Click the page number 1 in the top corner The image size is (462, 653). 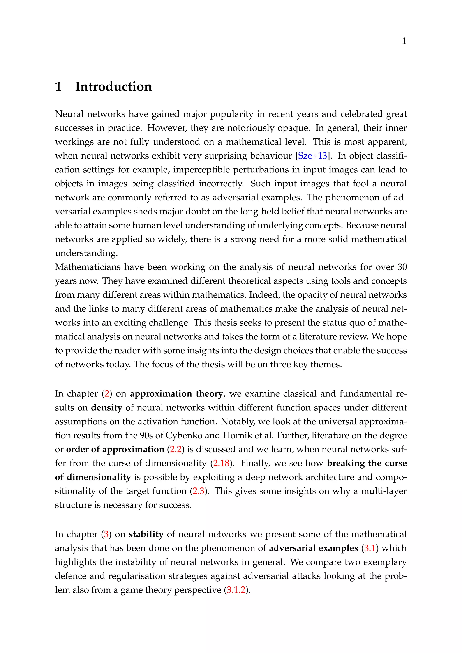pyautogui.click(x=404, y=41)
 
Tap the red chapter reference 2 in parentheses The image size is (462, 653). pyautogui.click(x=107, y=394)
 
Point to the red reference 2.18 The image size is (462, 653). pyautogui.click(x=221, y=463)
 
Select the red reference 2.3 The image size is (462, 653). pyautogui.click(x=198, y=491)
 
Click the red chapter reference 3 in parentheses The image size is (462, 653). pyautogui.click(x=106, y=534)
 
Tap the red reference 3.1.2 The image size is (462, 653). pyautogui.click(x=236, y=590)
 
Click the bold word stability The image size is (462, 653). pyautogui.click(x=146, y=534)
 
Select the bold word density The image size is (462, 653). pyautogui.click(x=106, y=407)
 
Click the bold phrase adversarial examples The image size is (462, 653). pyautogui.click(x=313, y=548)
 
